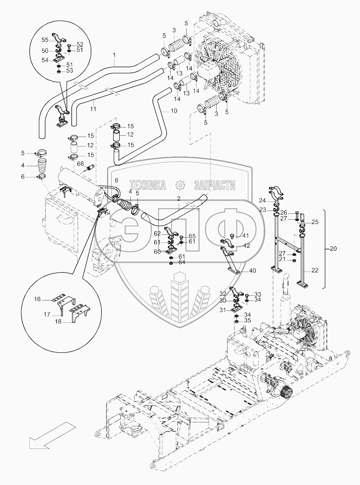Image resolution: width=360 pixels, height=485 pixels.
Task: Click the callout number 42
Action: pos(246,246)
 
